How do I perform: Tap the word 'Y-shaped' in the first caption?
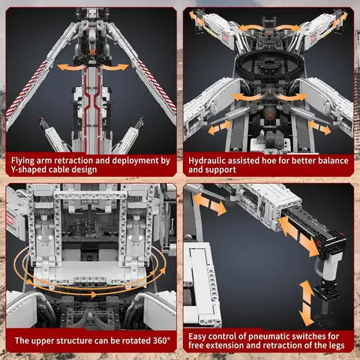pyautogui.click(x=28, y=171)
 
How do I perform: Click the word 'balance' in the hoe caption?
pyautogui.click(x=330, y=160)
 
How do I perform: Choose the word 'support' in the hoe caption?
pyautogui.click(x=223, y=171)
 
